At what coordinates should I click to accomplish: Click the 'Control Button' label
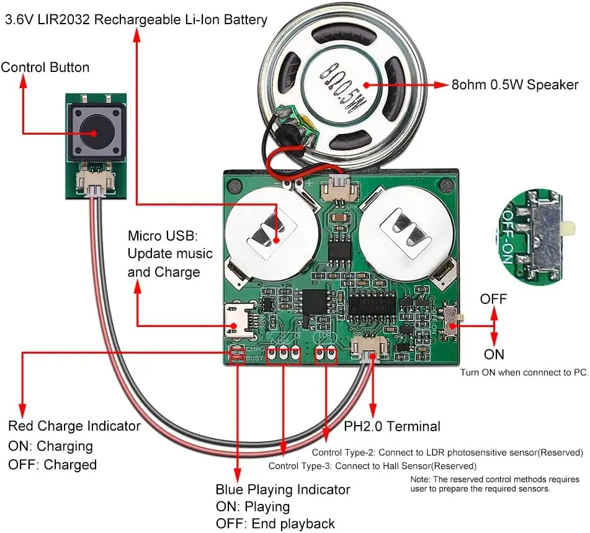[45, 68]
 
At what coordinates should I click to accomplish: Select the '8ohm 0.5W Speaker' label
[515, 85]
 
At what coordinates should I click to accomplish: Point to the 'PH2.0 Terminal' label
[392, 426]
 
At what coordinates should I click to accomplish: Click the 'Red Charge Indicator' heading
[74, 426]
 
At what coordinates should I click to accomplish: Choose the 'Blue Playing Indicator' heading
[283, 490]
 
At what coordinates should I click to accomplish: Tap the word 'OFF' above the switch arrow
[494, 298]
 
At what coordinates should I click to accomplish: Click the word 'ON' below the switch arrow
[494, 354]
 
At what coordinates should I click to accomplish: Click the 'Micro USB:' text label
[162, 236]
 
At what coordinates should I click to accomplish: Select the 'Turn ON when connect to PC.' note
[524, 373]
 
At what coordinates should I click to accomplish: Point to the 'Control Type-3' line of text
[372, 465]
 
